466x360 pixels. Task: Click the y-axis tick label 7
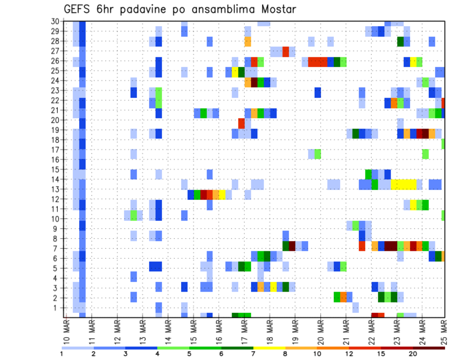(56, 248)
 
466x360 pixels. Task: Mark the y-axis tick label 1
(56, 308)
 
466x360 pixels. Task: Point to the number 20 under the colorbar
(413, 354)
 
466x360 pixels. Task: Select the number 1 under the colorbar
(62, 354)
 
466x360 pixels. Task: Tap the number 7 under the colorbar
(253, 354)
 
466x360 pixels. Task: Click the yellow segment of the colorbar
(269, 348)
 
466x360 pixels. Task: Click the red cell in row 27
(286, 51)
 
